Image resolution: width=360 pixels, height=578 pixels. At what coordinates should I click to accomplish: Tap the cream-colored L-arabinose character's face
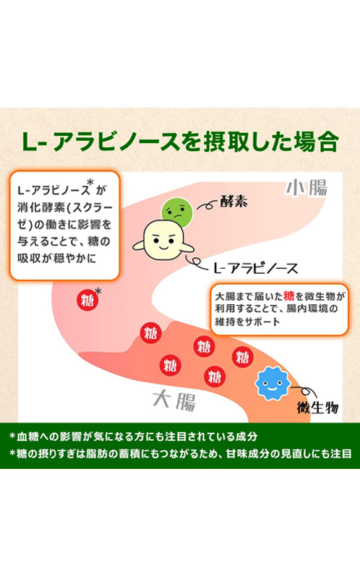(x=163, y=240)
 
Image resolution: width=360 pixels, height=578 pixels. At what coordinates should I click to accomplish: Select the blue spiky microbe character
(x=273, y=384)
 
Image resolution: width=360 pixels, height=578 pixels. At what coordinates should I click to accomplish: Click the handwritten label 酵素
(x=233, y=202)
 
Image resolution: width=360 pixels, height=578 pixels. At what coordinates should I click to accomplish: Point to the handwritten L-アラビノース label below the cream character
(x=256, y=268)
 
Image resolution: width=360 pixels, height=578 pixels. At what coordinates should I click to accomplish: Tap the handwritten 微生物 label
(x=317, y=407)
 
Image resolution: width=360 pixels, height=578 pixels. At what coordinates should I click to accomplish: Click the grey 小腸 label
(x=307, y=187)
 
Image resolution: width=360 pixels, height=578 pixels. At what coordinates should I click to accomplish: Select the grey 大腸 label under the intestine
(x=174, y=401)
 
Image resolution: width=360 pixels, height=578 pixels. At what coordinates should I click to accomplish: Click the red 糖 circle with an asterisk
(x=87, y=300)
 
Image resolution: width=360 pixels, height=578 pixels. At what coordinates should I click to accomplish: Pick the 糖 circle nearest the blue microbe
(x=243, y=357)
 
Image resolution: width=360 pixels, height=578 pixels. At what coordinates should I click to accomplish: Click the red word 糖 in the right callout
(x=289, y=296)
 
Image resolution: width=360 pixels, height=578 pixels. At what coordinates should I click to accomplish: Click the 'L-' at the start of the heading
(x=34, y=142)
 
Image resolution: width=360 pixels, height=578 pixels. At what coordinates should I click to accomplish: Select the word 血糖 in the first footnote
(x=28, y=436)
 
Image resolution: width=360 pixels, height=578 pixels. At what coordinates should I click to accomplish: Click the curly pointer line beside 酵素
(x=207, y=204)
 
